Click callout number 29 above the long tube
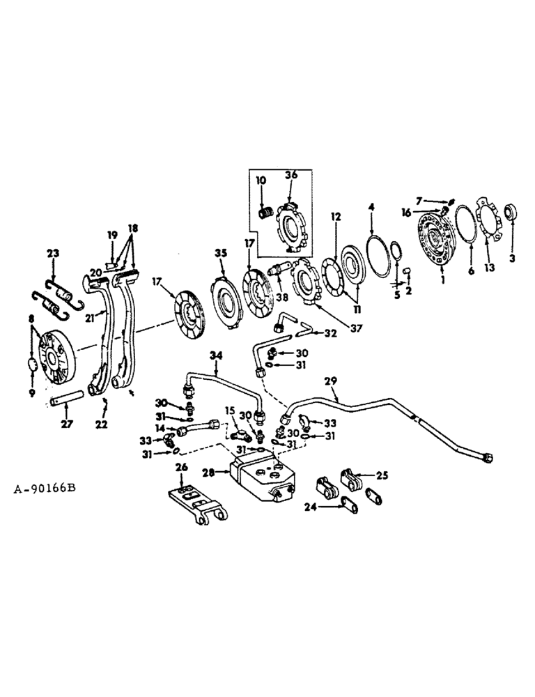tap(332, 381)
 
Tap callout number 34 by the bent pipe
tap(217, 357)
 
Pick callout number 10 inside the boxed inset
tap(261, 180)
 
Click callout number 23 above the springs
tap(54, 254)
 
